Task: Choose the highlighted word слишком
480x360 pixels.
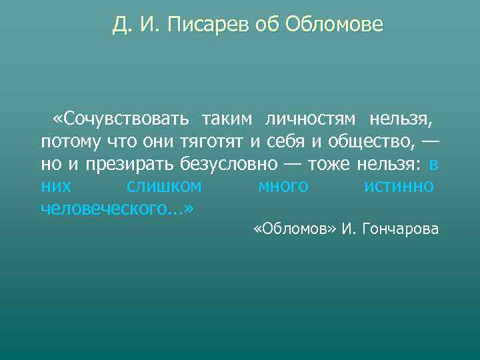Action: pyautogui.click(x=164, y=186)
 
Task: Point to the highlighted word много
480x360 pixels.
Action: pyautogui.click(x=283, y=186)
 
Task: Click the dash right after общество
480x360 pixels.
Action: pyautogui.click(x=431, y=141)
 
